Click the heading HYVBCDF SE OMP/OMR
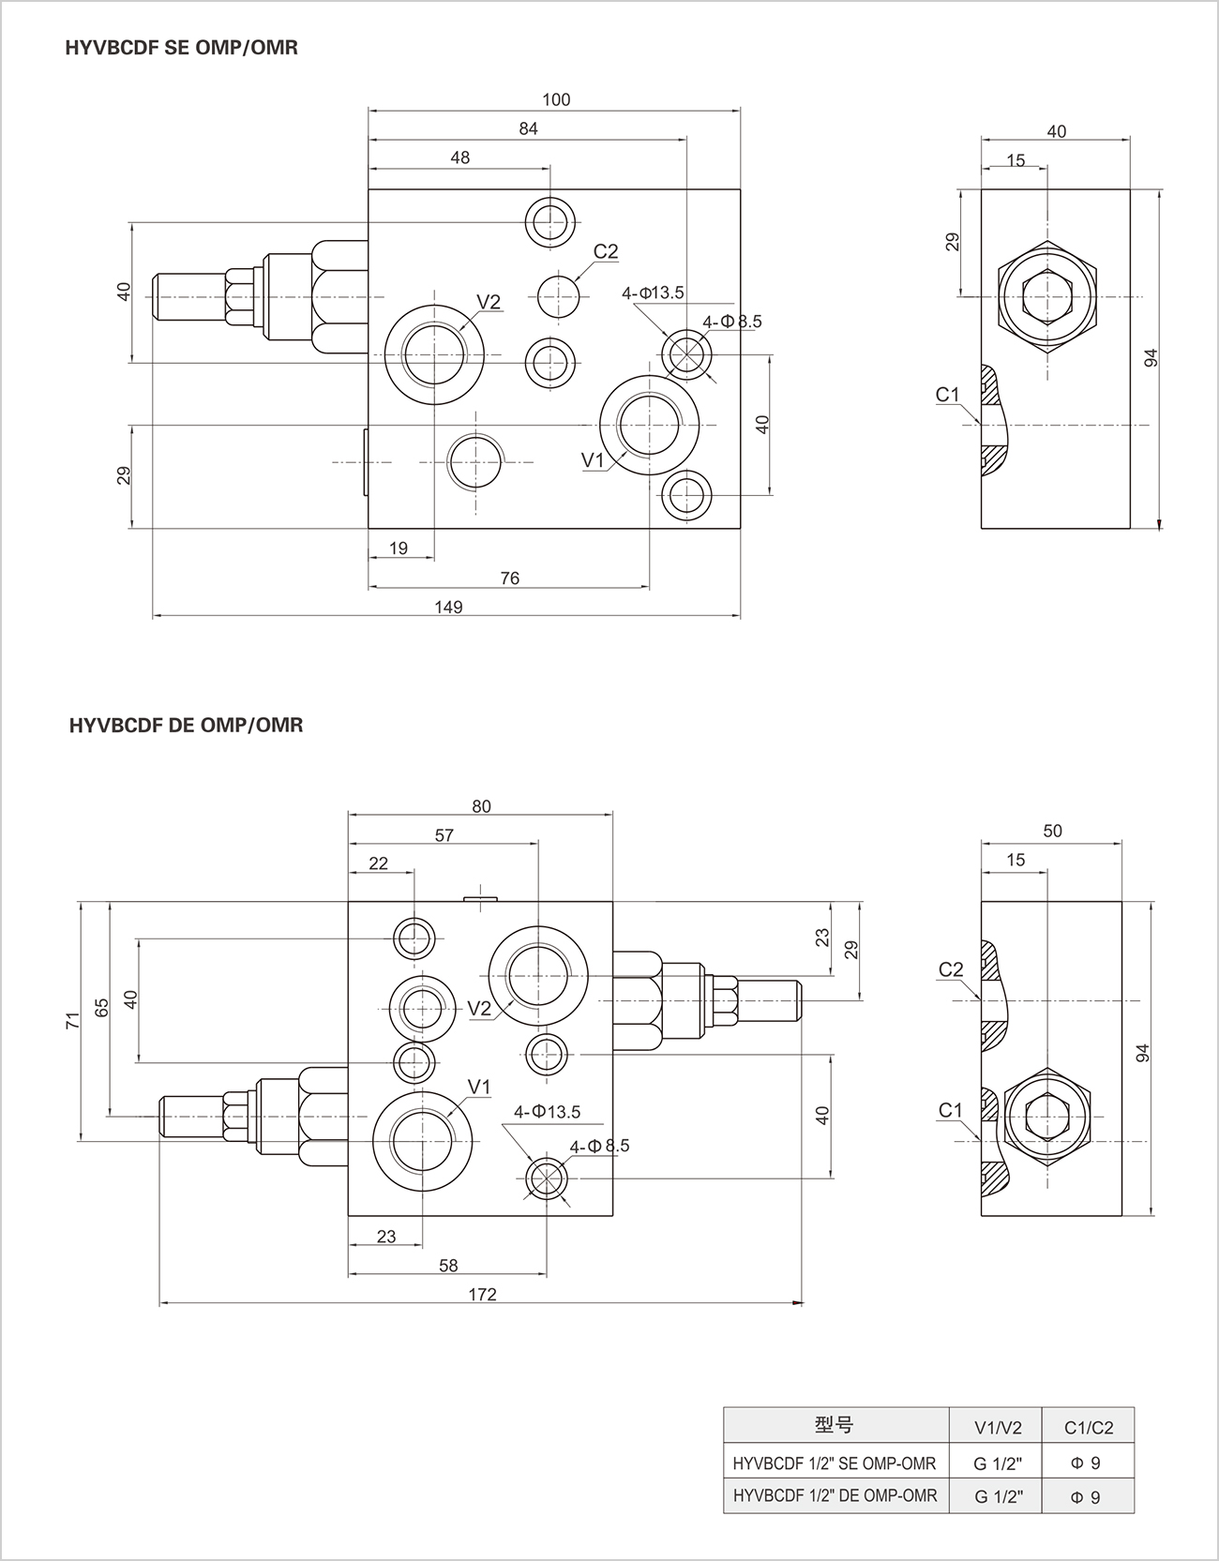click(182, 47)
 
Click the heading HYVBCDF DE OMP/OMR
click(186, 725)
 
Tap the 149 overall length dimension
click(448, 608)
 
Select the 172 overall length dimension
click(481, 1295)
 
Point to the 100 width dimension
click(556, 99)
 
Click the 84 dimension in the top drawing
click(528, 128)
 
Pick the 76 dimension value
click(509, 578)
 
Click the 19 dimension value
click(399, 548)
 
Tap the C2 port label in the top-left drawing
click(606, 251)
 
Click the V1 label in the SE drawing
click(593, 459)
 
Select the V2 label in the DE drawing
click(479, 1009)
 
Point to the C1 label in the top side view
click(948, 395)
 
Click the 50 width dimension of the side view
click(1052, 831)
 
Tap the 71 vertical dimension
click(72, 1021)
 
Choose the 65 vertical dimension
click(101, 1007)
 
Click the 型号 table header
click(834, 1426)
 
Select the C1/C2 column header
click(1088, 1428)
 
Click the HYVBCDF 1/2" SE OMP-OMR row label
click(834, 1463)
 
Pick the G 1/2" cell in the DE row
click(997, 1497)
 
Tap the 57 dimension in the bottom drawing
click(444, 835)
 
